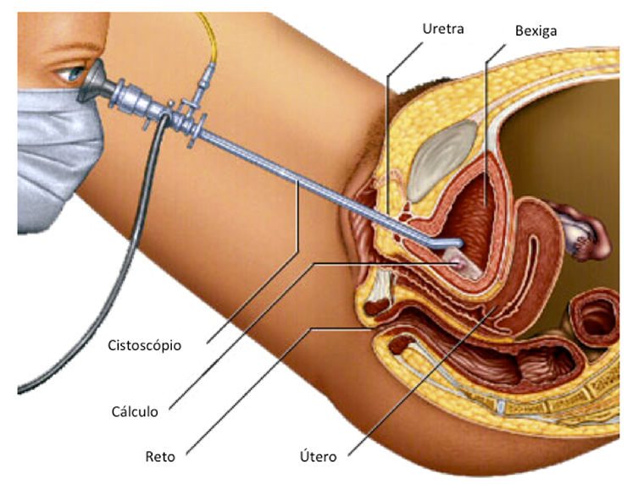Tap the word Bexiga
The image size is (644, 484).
coord(536,31)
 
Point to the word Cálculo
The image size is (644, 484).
coord(135,412)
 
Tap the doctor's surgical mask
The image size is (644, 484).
coord(55,152)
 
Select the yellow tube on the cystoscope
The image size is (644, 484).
coord(209,47)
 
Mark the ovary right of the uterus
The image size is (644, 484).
coord(586,237)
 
